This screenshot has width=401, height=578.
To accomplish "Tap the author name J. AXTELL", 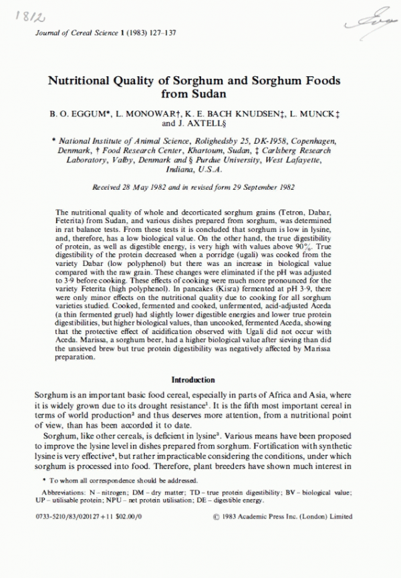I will [204, 124].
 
